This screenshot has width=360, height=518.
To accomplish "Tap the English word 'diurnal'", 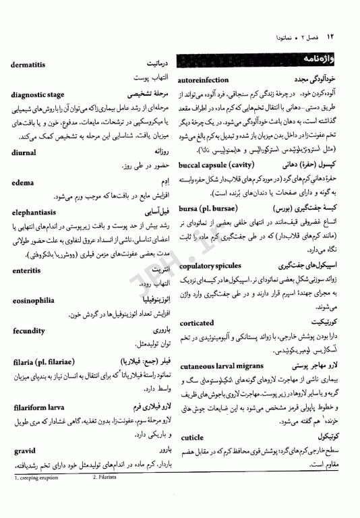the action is pyautogui.click(x=27, y=152).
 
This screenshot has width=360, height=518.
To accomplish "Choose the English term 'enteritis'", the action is pyautogui.click(x=31, y=270).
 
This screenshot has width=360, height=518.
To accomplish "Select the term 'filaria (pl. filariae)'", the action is pyautogui.click(x=51, y=362).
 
